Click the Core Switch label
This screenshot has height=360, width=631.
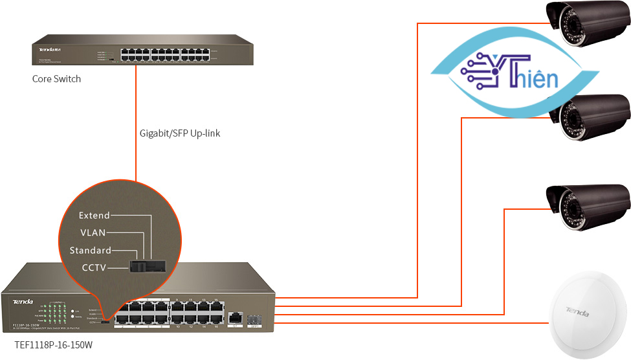[57, 79]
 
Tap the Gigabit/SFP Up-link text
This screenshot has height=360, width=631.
[181, 134]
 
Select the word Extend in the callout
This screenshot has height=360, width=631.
[94, 216]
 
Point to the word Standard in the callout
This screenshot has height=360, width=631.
[91, 251]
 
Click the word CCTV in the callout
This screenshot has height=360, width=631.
[94, 267]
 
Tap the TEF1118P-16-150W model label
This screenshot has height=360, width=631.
[54, 345]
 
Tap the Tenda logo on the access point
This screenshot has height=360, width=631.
[577, 311]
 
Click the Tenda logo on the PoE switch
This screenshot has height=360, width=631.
[23, 302]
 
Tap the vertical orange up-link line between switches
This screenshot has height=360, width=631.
[136, 123]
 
